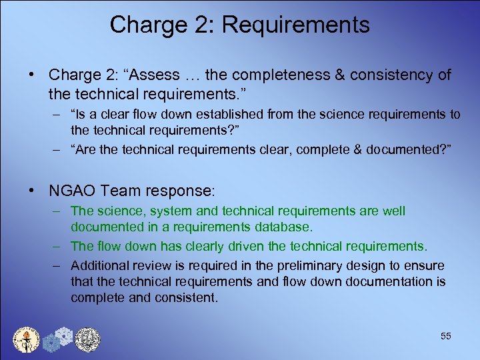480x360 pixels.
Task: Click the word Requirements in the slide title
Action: (x=295, y=25)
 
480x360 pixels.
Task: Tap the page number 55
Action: (x=446, y=336)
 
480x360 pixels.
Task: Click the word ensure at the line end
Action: (x=426, y=265)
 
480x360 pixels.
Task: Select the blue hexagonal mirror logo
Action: (x=57, y=338)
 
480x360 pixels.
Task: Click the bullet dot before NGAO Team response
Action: (x=32, y=191)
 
